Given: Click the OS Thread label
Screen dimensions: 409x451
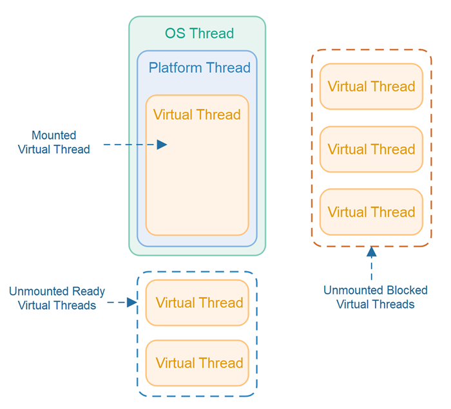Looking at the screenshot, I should [199, 33].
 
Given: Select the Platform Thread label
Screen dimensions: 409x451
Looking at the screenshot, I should [199, 68].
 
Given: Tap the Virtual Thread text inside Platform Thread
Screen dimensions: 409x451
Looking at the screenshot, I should [197, 115].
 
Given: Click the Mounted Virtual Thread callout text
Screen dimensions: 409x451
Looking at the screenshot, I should [54, 142].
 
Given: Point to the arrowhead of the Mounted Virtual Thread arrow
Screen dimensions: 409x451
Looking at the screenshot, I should [162, 145].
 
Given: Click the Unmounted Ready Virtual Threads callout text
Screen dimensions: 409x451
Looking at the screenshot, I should [57, 298].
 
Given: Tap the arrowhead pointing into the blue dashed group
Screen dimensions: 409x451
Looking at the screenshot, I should [132, 302].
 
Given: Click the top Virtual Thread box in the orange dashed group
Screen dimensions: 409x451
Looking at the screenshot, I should [371, 86].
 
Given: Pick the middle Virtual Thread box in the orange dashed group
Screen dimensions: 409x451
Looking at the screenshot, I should [371, 149].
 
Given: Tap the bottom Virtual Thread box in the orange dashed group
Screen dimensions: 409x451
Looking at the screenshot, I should [371, 212].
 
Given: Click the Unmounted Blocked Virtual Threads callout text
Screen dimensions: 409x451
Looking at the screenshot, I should [375, 297].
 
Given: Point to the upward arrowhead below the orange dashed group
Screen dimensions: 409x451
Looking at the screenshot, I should [371, 252].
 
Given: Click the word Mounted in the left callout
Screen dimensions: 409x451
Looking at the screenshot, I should [54, 135].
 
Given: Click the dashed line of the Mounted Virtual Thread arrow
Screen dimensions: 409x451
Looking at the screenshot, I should [129, 145].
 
